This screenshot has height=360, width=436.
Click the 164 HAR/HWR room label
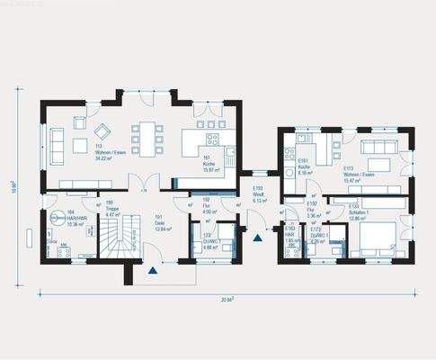click(68, 219)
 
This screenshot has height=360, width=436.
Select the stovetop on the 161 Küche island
click(213, 139)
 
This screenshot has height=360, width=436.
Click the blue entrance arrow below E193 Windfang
click(258, 238)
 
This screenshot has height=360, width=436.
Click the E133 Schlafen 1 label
click(360, 211)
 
